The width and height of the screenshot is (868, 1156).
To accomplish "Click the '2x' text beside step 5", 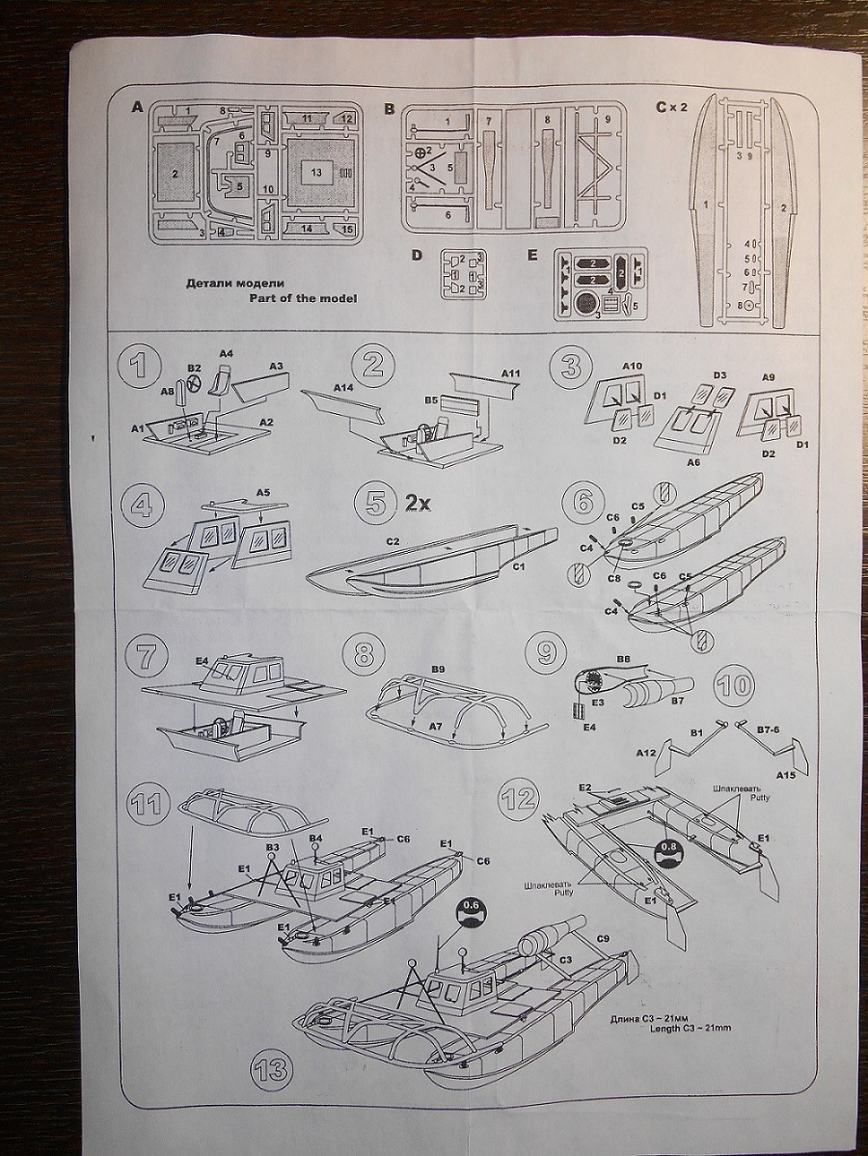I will (418, 503).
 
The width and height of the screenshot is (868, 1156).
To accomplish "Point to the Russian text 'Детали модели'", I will (234, 283).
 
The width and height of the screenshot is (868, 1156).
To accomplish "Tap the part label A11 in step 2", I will (511, 372).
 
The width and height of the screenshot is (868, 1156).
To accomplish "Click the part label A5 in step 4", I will (263, 492).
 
